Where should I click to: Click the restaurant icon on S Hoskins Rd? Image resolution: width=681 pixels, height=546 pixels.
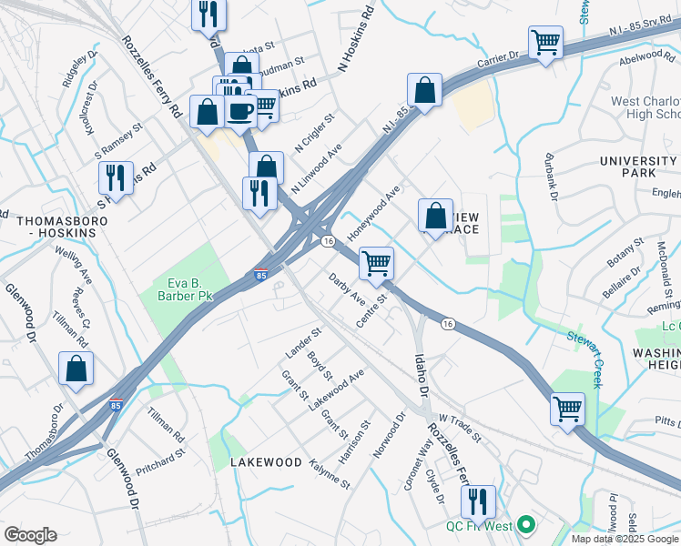116,176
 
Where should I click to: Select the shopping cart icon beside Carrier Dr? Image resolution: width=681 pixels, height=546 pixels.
545,41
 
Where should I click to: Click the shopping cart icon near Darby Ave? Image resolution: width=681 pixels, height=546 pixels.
376,263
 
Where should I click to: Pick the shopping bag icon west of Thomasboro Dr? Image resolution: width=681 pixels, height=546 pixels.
76,368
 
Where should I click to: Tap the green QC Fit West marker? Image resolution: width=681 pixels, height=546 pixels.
524,525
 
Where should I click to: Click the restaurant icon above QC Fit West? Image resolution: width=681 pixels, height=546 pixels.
477,500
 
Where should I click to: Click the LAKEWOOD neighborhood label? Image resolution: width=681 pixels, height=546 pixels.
266,462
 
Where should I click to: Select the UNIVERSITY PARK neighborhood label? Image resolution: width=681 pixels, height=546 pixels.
639,167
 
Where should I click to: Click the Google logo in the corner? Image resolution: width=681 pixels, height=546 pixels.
30,535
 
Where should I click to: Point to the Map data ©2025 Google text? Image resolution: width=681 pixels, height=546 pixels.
625,539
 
